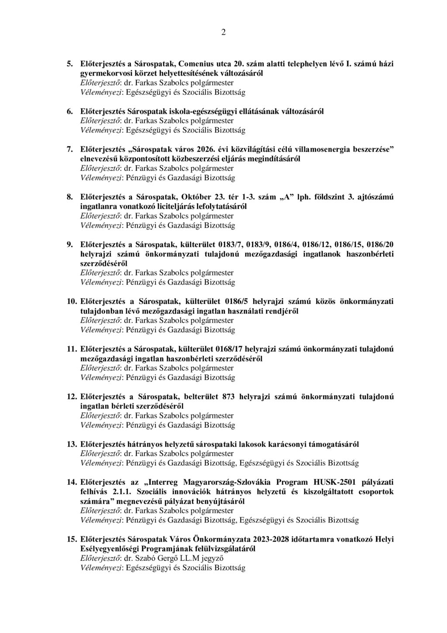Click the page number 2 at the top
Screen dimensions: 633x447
(x=223, y=32)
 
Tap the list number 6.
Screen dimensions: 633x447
(x=70, y=111)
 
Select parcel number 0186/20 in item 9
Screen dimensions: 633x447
(x=381, y=244)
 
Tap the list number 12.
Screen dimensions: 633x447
(x=71, y=397)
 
